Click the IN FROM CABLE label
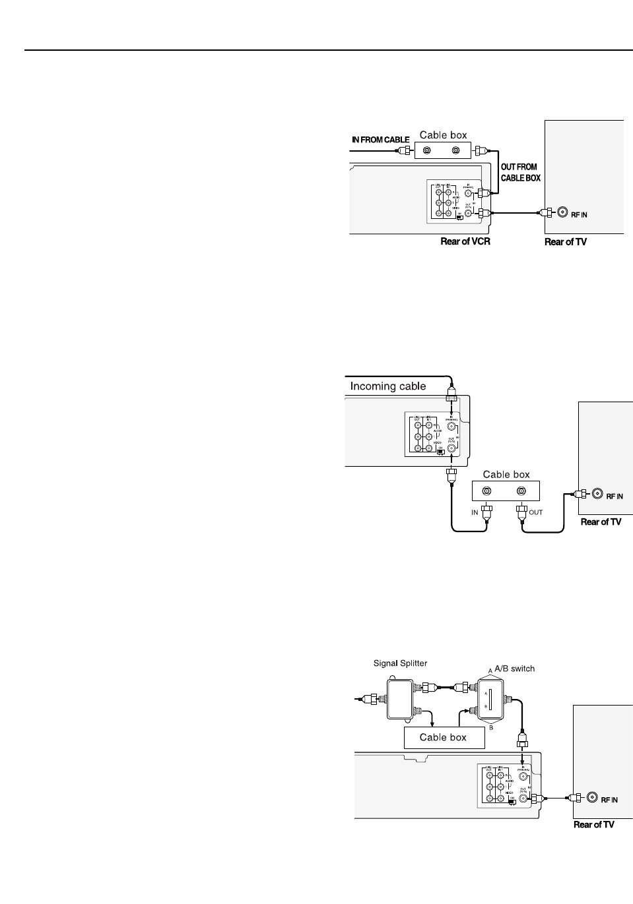[380, 140]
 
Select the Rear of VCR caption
[465, 242]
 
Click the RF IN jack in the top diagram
[563, 212]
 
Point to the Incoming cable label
[388, 386]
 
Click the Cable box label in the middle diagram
[506, 474]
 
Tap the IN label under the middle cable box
[475, 512]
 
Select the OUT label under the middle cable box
[536, 512]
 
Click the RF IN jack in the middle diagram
[598, 494]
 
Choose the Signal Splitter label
[401, 663]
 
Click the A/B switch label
[514, 668]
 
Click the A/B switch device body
[490, 699]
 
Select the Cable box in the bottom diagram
[444, 738]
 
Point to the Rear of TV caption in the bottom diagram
[593, 824]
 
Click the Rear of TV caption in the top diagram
[565, 242]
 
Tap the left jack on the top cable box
[428, 151]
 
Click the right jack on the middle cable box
[521, 491]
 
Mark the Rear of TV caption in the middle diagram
[601, 522]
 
